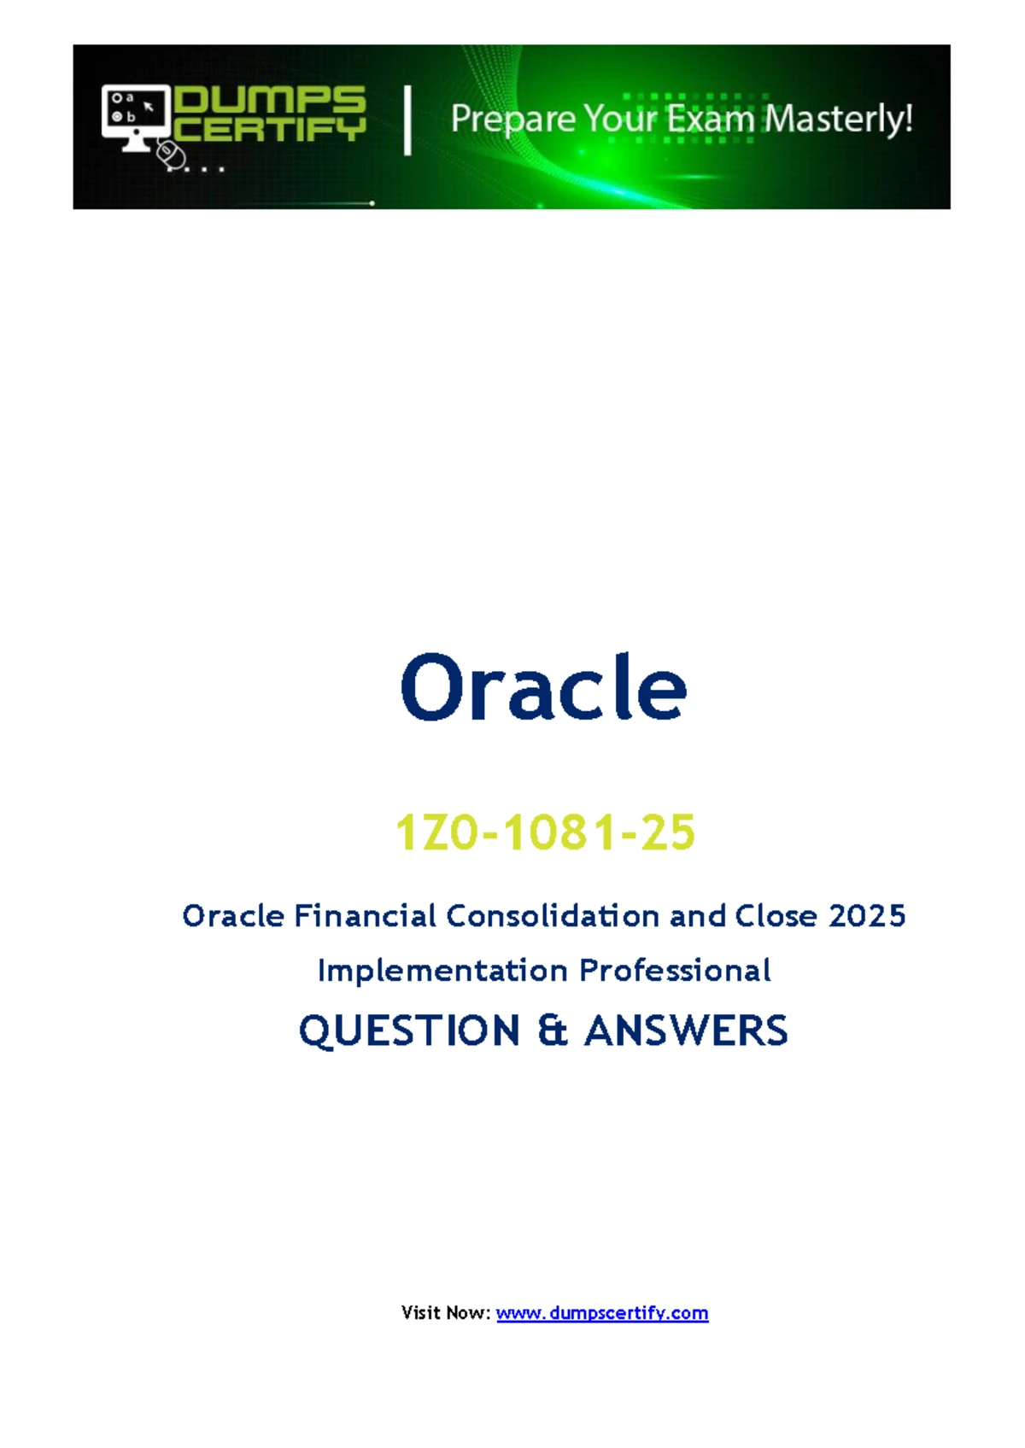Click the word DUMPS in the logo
[271, 100]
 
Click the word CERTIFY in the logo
[271, 129]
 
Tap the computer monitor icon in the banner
[136, 118]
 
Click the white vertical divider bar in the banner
[407, 121]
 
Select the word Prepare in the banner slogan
[512, 120]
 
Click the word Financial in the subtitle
[366, 916]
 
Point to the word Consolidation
[553, 916]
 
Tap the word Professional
[675, 970]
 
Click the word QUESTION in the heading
[409, 1031]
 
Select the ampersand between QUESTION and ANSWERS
[553, 1031]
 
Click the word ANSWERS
[686, 1031]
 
